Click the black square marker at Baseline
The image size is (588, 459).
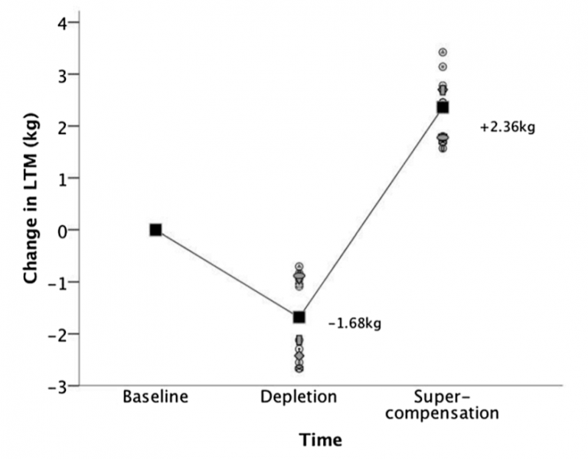coord(155,229)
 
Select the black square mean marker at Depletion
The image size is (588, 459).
coord(299,316)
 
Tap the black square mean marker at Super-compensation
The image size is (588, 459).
coord(443,107)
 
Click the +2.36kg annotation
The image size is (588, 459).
coord(507,127)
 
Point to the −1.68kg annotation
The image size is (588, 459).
coord(354,323)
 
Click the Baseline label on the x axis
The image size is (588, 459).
coord(155,397)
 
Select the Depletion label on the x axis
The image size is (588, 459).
coord(299,397)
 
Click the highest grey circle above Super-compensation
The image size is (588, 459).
coord(443,52)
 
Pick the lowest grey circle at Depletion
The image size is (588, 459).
coord(299,369)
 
